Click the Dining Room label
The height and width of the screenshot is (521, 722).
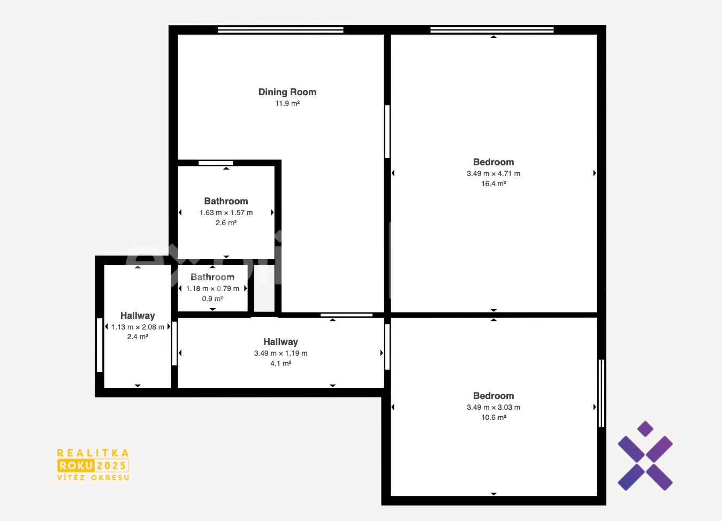tap(287, 92)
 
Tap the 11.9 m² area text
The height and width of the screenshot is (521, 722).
tap(287, 103)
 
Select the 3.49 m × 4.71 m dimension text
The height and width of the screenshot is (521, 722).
tap(493, 173)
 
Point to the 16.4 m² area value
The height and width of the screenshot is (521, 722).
tap(493, 183)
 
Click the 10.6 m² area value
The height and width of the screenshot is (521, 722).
tap(493, 417)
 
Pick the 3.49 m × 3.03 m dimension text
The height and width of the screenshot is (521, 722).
tap(493, 407)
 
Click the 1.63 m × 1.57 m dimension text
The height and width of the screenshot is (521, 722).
tap(226, 213)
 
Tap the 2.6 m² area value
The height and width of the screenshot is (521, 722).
tap(226, 223)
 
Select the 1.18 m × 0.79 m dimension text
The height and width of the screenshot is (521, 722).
tap(212, 288)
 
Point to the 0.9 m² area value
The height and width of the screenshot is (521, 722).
tap(212, 298)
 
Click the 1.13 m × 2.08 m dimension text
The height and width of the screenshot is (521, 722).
tap(138, 327)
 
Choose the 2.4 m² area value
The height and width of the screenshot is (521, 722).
tap(138, 336)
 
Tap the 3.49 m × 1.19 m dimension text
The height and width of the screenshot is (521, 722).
tap(280, 353)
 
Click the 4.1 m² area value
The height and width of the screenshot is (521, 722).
tap(280, 363)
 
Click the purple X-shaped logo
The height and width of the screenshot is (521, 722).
tap(645, 456)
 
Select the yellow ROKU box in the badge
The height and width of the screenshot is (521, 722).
tap(76, 465)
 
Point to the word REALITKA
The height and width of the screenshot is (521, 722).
tap(93, 453)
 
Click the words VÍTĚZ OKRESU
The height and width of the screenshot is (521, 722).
tap(93, 478)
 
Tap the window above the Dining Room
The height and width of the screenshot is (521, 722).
tap(280, 30)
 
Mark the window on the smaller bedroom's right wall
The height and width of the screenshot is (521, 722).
tap(602, 393)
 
